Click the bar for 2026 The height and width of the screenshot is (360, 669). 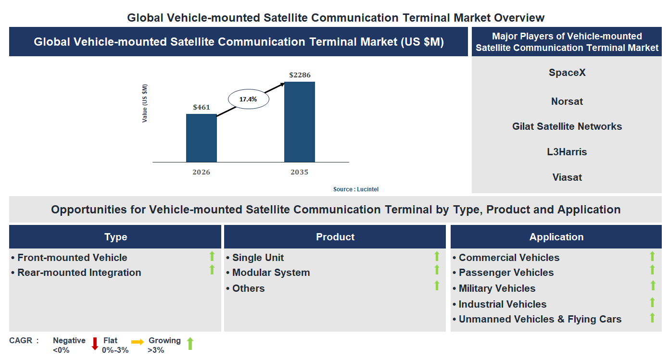201,138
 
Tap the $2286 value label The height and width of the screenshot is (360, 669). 299,75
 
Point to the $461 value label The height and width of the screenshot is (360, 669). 201,107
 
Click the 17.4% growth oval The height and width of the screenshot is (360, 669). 248,99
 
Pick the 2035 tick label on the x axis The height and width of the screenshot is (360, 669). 299,172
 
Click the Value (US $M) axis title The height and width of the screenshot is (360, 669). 145,103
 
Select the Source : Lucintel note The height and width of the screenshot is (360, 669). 356,189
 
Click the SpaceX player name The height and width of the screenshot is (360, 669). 567,73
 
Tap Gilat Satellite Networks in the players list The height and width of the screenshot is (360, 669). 567,126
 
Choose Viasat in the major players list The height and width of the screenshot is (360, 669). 567,177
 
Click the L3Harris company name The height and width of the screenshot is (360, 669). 567,152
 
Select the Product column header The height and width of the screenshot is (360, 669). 335,237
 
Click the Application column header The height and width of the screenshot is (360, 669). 556,237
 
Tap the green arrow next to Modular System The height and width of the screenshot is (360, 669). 437,270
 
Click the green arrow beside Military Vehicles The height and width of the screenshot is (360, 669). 653,286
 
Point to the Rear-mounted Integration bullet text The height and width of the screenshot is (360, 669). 79,273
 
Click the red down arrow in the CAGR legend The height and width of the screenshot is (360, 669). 95,343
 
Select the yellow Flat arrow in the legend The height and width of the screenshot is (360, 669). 138,342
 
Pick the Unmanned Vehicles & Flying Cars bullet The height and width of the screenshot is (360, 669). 540,319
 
